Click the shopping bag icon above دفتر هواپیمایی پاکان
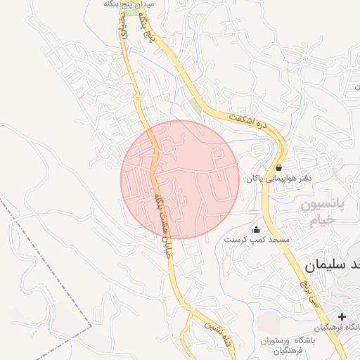(x=279, y=168)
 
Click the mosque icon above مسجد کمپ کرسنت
(x=255, y=229)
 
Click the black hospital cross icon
(x=342, y=317)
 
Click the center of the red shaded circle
(x=180, y=179)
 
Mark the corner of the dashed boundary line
(x=91, y=326)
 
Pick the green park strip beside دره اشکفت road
(x=195, y=107)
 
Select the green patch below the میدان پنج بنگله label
(x=122, y=28)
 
